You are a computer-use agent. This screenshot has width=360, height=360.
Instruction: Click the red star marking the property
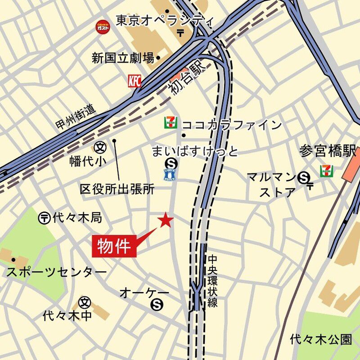click(166, 220)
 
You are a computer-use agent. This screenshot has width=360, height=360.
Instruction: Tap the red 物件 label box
click(114, 246)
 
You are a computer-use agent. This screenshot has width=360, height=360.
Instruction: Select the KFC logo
click(135, 81)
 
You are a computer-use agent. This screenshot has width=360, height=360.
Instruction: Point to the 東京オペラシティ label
click(164, 20)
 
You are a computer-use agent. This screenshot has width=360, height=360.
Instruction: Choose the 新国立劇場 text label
click(123, 58)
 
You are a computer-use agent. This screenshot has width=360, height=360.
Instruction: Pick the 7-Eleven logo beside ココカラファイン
click(170, 122)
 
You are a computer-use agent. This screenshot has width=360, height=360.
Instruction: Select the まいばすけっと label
click(194, 151)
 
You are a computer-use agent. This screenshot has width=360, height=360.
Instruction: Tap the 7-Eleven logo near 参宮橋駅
click(327, 171)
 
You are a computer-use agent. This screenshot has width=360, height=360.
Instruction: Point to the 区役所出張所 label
click(117, 189)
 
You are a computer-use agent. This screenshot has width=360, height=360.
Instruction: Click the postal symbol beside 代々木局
click(44, 218)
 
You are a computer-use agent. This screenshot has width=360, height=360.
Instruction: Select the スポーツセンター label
click(56, 272)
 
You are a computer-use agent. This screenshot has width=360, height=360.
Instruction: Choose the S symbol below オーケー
click(157, 305)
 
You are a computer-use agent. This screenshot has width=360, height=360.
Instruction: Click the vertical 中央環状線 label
click(212, 281)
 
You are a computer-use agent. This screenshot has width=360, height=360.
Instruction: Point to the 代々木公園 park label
click(320, 338)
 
